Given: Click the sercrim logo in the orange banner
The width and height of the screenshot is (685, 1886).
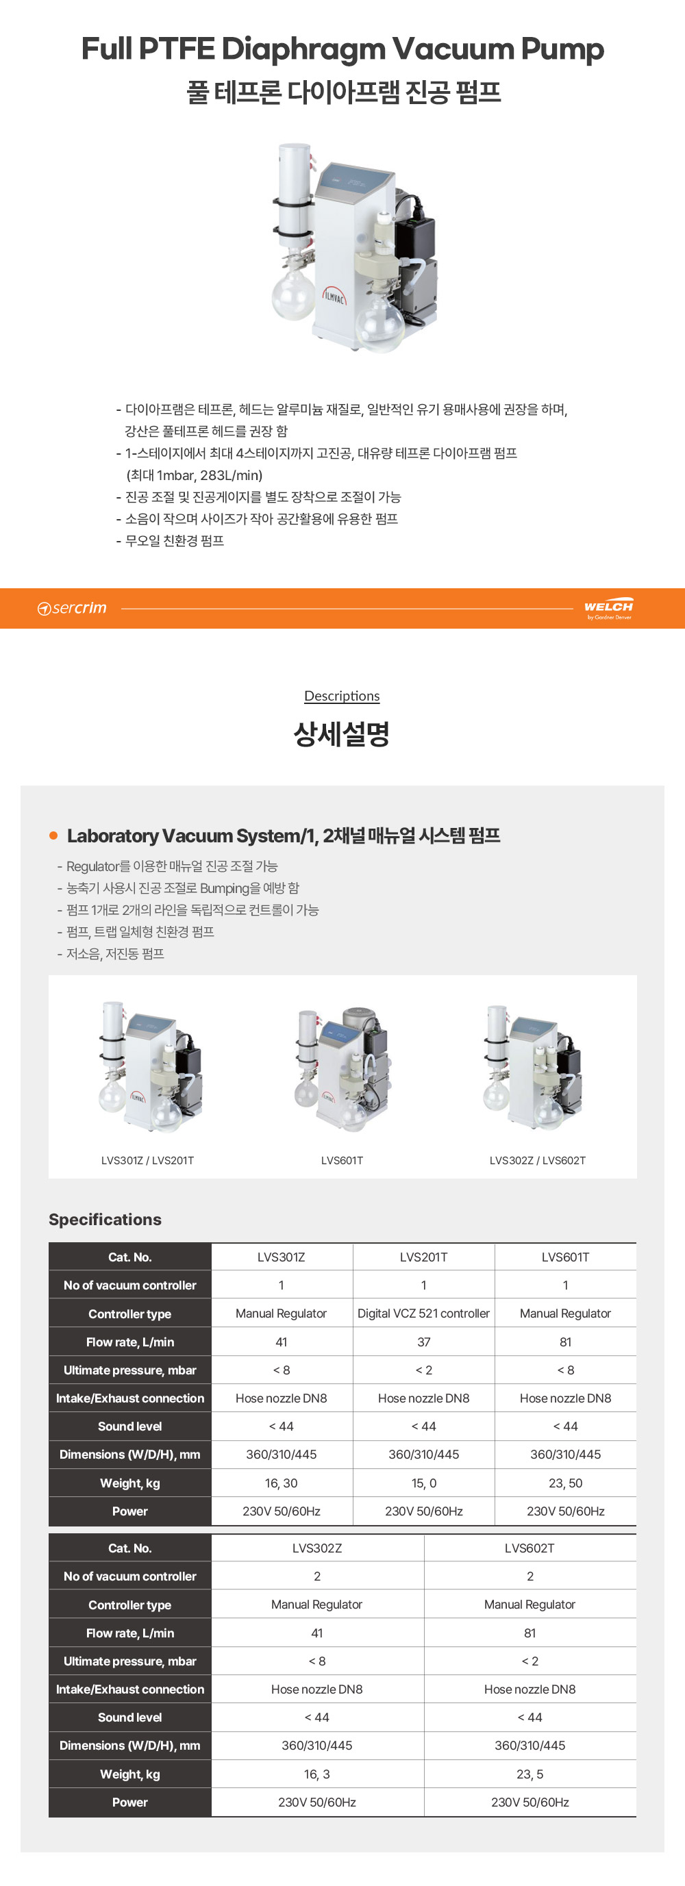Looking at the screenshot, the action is point(72,608).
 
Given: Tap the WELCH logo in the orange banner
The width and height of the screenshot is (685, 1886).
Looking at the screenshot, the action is point(609,608).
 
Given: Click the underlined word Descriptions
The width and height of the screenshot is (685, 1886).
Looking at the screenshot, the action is point(342,696).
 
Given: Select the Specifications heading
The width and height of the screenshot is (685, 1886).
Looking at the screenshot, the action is point(105,1219).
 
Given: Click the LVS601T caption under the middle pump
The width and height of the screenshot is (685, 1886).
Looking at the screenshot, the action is point(342,1161).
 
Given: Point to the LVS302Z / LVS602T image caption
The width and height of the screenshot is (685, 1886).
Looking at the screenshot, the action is point(538,1161).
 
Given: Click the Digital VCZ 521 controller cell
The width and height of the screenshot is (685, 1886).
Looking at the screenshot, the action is point(423,1313).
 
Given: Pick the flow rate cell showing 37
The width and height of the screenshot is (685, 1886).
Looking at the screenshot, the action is point(423,1342).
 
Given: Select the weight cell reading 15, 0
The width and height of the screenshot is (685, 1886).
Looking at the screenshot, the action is point(423,1483).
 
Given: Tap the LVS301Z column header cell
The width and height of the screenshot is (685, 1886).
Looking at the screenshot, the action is point(282,1257).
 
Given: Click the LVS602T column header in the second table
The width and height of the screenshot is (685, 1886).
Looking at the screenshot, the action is point(530,1548).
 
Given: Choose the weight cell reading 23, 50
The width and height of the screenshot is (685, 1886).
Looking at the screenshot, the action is point(566,1483).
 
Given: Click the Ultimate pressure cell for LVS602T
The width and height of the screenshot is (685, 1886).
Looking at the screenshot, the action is point(530,1661).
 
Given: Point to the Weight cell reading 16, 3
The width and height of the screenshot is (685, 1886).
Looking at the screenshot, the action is point(317,1774).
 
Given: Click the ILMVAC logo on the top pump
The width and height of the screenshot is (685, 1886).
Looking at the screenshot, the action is point(334,296).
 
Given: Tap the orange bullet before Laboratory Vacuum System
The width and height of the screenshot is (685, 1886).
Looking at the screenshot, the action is point(53,835).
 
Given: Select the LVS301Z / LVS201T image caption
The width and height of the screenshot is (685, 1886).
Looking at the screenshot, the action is point(147,1161).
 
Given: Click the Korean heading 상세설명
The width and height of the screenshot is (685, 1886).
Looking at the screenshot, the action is point(342,733).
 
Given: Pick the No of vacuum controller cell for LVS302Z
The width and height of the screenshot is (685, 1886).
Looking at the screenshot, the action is point(317,1576).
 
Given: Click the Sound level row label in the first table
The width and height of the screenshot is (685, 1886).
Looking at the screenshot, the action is point(129,1426).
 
